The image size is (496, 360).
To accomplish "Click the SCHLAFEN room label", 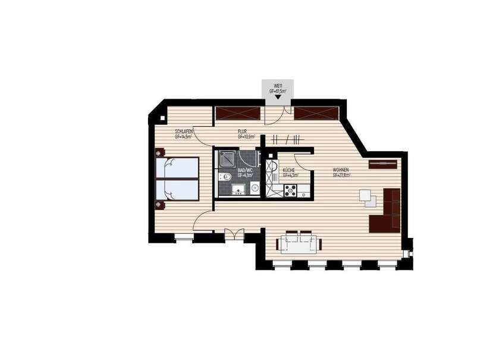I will (x=183, y=132).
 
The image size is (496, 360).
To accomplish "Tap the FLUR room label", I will (x=242, y=132).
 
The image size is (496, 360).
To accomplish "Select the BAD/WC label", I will (x=245, y=171).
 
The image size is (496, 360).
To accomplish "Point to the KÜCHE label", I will (x=289, y=170).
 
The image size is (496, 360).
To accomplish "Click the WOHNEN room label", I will (x=341, y=170).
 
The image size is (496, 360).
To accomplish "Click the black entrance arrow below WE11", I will (x=277, y=97).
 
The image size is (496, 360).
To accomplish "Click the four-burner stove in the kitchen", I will (x=291, y=190).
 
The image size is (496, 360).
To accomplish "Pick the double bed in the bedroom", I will (x=177, y=179).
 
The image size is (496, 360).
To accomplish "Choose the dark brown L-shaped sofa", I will (x=387, y=211).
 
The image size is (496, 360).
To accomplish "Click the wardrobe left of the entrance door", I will (x=238, y=113).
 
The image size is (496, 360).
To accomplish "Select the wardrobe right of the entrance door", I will (x=316, y=113).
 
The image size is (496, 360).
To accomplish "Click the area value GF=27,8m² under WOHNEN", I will (x=341, y=176).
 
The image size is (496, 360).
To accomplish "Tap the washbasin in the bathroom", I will (x=240, y=191).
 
